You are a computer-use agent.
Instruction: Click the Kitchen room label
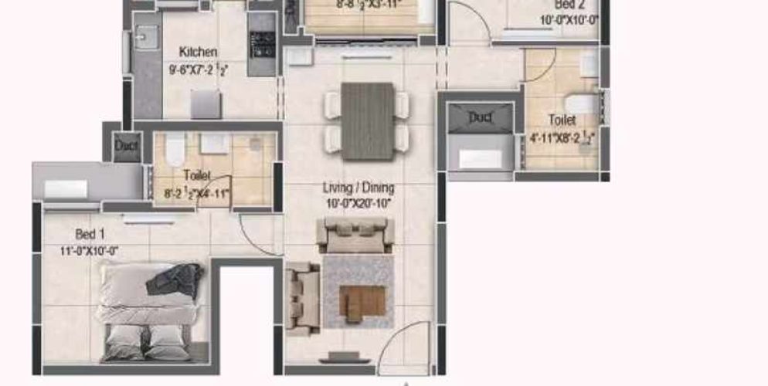198,52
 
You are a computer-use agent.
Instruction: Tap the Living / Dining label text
359,188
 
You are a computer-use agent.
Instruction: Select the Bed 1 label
86,234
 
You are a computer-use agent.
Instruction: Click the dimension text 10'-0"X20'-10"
359,203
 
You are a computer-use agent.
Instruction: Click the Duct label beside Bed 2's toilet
480,117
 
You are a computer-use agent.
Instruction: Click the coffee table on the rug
363,301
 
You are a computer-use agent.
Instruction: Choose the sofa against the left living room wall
303,296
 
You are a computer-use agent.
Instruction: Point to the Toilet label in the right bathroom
562,120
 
